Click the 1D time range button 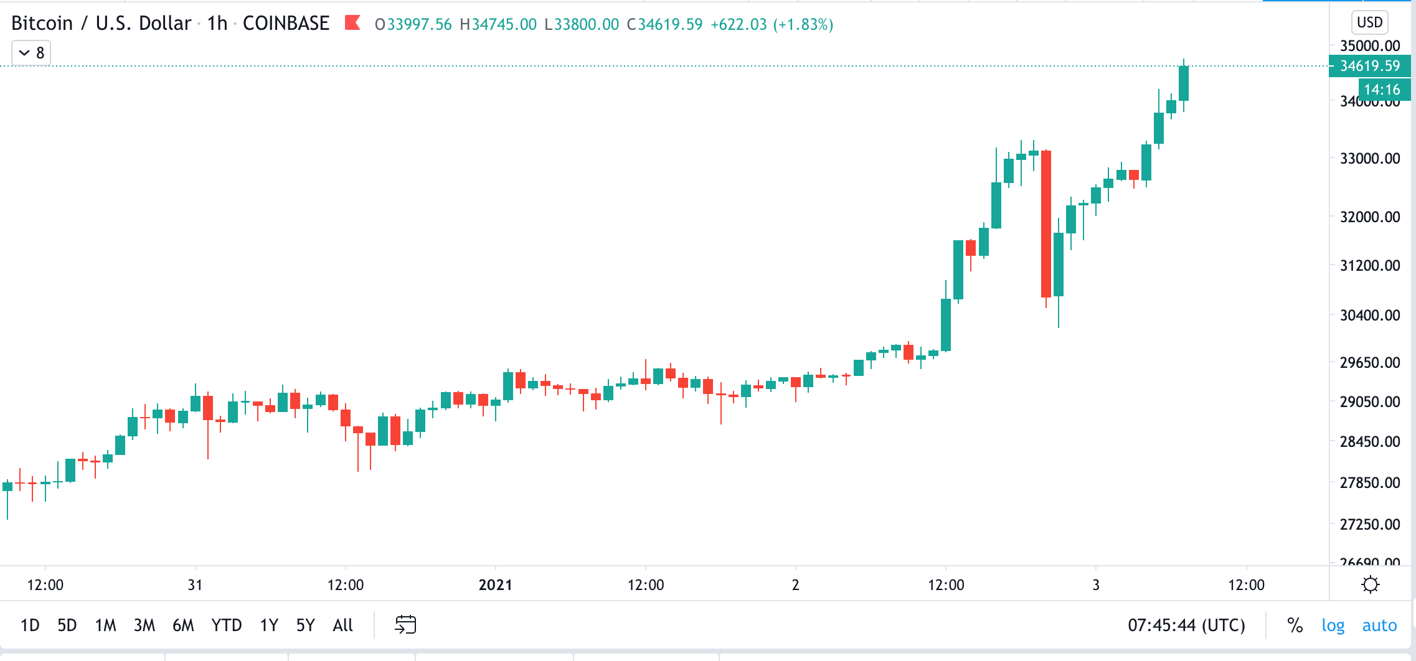(x=30, y=625)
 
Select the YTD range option (x=226, y=625)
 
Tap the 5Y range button (x=305, y=625)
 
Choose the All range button (x=342, y=625)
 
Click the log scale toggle (x=1333, y=625)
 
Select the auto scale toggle (x=1379, y=625)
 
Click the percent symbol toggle (x=1295, y=625)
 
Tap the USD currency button (x=1369, y=22)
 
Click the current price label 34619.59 (x=1369, y=66)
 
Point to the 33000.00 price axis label (x=1369, y=158)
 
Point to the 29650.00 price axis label (x=1369, y=362)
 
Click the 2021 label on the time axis (x=495, y=585)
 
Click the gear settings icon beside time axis (x=1370, y=585)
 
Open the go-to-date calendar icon (x=405, y=624)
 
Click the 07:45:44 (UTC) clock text (x=1186, y=625)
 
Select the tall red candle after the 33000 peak (x=1046, y=224)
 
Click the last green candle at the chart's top (x=1184, y=83)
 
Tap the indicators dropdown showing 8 (x=31, y=53)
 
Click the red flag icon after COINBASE (x=353, y=23)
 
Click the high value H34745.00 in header (x=498, y=24)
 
